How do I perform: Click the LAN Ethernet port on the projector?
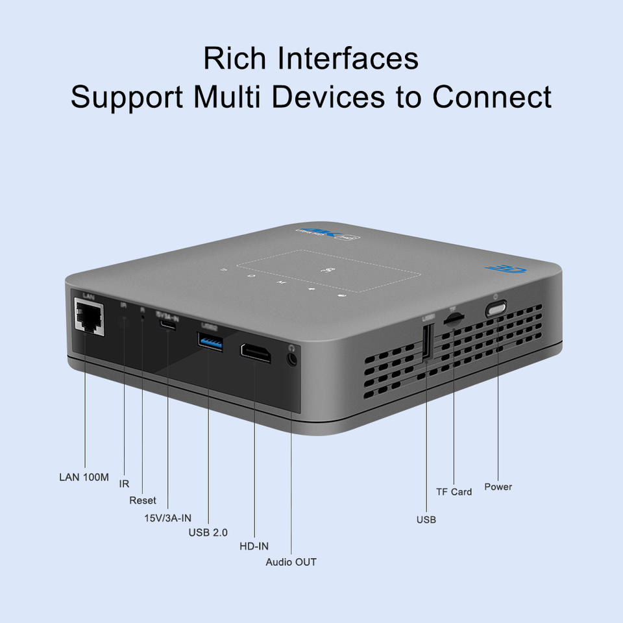point(90,317)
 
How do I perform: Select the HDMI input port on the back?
point(256,352)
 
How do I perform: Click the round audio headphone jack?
point(292,356)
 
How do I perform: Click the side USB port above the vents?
point(427,341)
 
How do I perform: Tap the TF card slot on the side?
point(453,319)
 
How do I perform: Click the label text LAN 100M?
point(84,477)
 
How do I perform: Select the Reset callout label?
point(142,500)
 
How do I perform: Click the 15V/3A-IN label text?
point(167,518)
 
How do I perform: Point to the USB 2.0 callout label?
point(208,533)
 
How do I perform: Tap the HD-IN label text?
point(254,546)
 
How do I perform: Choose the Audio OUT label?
point(291,562)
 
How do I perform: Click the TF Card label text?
point(454,492)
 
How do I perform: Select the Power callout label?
point(498,487)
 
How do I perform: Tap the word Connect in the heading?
point(492,97)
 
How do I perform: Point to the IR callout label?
point(124,484)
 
